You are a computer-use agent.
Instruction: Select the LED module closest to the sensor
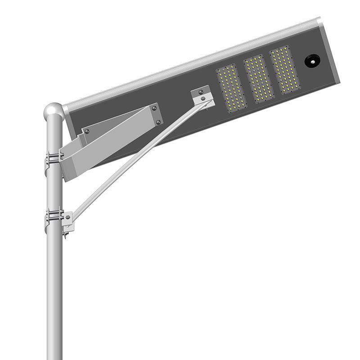click(x=284, y=70)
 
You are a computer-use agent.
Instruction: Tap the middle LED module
click(x=258, y=79)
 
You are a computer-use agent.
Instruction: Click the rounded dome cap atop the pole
click(x=54, y=109)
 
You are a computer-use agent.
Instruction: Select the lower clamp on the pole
click(x=54, y=215)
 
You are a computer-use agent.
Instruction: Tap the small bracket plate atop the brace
click(x=202, y=96)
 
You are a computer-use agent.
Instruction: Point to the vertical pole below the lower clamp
click(x=54, y=292)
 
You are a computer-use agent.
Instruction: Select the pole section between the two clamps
click(x=54, y=189)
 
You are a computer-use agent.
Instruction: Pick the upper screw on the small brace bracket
click(x=201, y=92)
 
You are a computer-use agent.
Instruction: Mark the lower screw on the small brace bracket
click(x=203, y=99)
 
